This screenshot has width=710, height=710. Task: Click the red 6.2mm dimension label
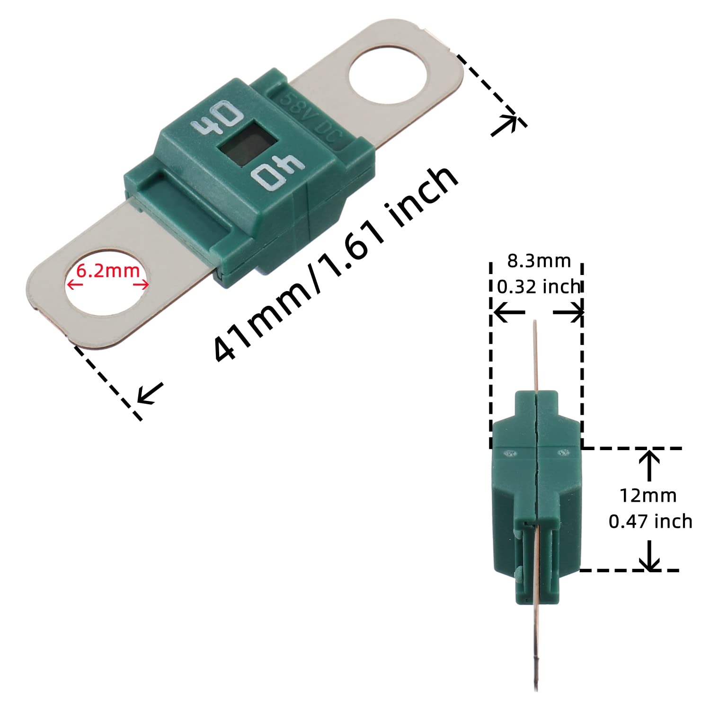[108, 271]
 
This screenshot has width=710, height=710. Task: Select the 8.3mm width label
[539, 261]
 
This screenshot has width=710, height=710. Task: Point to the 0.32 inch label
[539, 286]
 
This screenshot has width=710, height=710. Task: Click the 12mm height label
[648, 496]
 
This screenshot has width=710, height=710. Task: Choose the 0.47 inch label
[650, 521]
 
